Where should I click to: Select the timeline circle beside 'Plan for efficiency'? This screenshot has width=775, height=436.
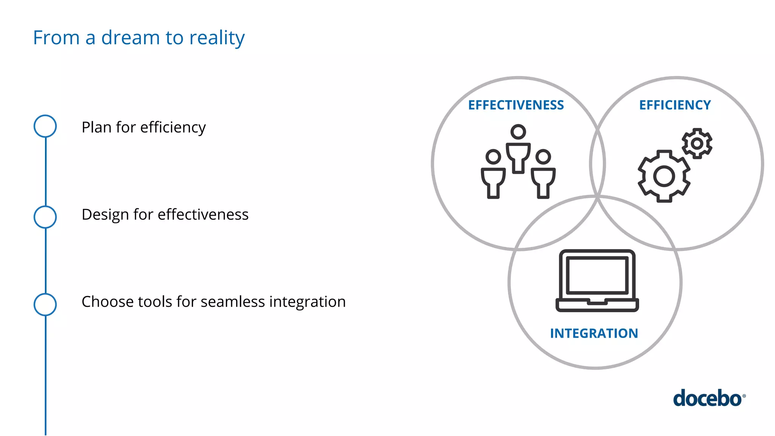point(45,126)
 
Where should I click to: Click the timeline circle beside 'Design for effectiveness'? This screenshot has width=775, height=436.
point(45,217)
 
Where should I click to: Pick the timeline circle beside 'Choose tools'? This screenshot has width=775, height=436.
point(45,304)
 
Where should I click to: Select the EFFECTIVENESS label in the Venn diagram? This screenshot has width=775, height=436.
point(516,105)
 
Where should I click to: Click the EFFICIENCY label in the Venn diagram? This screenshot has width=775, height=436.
point(675,105)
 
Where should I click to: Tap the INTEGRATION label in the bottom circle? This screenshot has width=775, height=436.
point(594,333)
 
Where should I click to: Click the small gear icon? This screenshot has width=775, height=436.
point(697,143)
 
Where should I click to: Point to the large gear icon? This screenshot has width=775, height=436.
point(664,176)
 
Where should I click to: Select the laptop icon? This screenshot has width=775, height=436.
point(597,280)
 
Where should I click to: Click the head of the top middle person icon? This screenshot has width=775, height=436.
point(518,132)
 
